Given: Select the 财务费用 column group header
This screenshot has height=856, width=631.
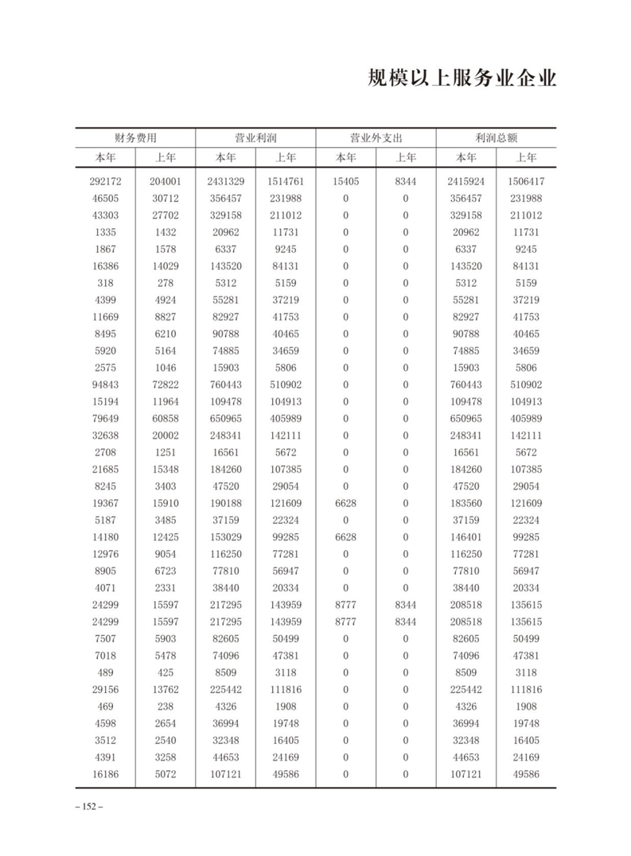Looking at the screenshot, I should (x=135, y=138).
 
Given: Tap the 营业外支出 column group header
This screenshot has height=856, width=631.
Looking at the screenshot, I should (x=376, y=138).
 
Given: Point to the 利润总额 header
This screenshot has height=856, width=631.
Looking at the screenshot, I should (x=496, y=138).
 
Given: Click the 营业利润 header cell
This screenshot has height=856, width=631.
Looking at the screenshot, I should (x=255, y=138).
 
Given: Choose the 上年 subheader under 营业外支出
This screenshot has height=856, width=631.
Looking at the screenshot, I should (x=406, y=157).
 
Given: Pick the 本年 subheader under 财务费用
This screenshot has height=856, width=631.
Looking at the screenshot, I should (x=105, y=157).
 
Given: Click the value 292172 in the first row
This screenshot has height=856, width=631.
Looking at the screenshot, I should (x=105, y=181).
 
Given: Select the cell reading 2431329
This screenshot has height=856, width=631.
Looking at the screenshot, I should (x=226, y=181).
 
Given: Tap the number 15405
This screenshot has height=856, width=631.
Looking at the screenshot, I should (x=346, y=181).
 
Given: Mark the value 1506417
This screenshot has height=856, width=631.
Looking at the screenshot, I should (x=526, y=181).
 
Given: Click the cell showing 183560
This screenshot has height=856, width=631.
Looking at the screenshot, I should (x=466, y=503).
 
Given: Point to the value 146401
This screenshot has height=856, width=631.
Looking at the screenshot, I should (x=466, y=536).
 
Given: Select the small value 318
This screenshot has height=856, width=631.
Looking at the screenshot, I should (x=105, y=283).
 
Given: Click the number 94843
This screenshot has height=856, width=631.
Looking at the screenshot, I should (x=105, y=385).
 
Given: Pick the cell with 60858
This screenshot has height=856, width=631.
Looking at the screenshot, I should (x=166, y=418).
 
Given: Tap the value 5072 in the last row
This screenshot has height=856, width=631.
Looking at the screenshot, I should (x=166, y=773).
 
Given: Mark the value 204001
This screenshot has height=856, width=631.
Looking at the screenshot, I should (x=166, y=181).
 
